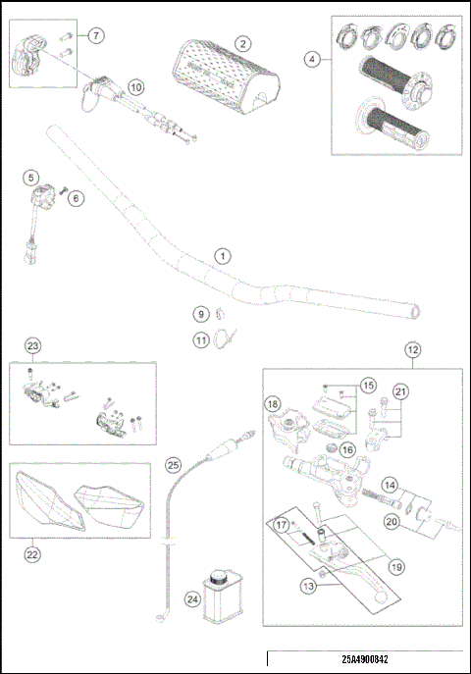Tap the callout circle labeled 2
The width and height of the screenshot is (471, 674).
click(241, 44)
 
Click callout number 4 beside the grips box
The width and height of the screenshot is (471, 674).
click(312, 59)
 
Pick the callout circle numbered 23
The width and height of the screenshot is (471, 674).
click(32, 345)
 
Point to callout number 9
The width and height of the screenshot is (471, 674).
click(200, 315)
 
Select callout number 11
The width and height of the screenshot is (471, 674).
click(200, 340)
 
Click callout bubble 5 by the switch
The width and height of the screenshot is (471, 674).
click(32, 178)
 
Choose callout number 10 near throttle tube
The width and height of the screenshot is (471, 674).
click(135, 86)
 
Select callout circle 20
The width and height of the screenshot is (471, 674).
click(392, 522)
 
